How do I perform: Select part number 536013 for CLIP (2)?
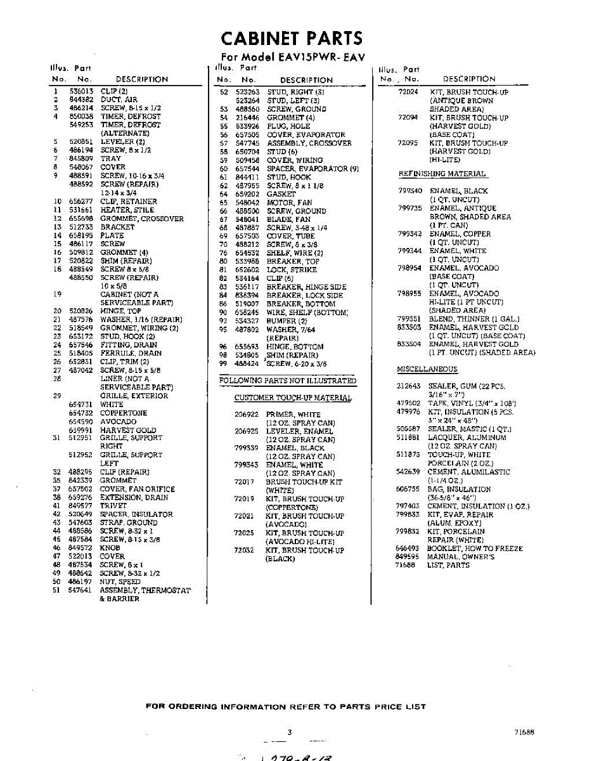pyautogui.click(x=81, y=91)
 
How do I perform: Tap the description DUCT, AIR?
pyautogui.click(x=119, y=100)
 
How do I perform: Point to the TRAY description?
pyautogui.click(x=110, y=159)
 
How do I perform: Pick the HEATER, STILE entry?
pyautogui.click(x=127, y=210)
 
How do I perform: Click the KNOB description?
pyautogui.click(x=110, y=548)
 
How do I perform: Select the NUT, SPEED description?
pyautogui.click(x=120, y=582)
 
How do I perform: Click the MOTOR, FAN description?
pyautogui.click(x=288, y=202)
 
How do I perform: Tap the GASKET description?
pyautogui.click(x=281, y=194)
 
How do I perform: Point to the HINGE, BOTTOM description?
pyautogui.click(x=295, y=347)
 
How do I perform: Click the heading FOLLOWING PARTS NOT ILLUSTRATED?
pyautogui.click(x=288, y=381)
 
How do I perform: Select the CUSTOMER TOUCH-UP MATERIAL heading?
pyautogui.click(x=293, y=398)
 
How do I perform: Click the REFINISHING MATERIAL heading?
pyautogui.click(x=442, y=174)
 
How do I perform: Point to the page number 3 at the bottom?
pyautogui.click(x=290, y=732)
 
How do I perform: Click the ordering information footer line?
pyautogui.click(x=286, y=706)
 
